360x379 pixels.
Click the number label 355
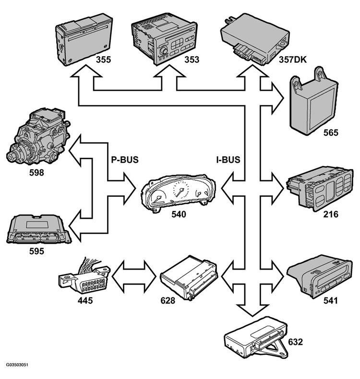103,59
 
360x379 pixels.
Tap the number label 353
192,59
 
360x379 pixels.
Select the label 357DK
292,59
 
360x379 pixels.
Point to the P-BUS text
125,160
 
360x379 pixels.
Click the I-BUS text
228,160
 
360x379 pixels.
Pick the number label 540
179,214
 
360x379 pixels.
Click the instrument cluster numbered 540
178,194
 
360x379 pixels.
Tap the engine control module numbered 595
39,228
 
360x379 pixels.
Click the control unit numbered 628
189,278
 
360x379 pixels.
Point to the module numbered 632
256,338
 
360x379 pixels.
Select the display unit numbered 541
320,276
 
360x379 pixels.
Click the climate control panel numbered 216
320,189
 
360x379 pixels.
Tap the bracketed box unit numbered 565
314,102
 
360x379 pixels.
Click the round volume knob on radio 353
164,51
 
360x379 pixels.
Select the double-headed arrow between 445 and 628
134,276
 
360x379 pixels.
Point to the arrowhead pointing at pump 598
75,151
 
